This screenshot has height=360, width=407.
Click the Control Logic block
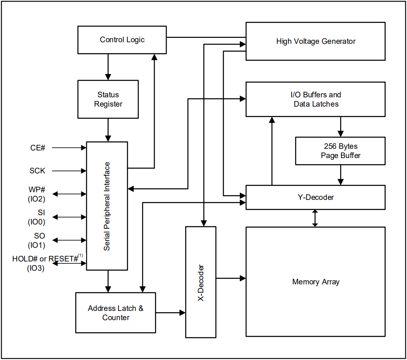[122, 40]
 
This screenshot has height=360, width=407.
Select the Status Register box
[108, 99]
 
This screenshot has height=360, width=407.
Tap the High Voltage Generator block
[316, 41]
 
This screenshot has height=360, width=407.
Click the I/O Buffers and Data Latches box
[316, 99]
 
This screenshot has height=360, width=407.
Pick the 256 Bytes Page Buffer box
[341, 151]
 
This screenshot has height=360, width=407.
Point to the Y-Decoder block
[316, 197]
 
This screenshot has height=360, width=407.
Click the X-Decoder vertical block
[201, 282]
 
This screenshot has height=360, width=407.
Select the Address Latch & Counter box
[116, 313]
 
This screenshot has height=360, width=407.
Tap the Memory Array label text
[316, 282]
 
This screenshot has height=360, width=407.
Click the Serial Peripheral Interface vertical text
[107, 206]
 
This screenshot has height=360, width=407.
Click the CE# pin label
[37, 148]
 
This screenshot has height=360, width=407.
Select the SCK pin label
[37, 171]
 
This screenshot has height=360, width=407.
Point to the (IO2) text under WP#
[37, 199]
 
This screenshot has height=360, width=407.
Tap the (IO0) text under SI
[37, 222]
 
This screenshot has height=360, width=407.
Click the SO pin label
[39, 236]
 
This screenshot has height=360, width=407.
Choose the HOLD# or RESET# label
[45, 259]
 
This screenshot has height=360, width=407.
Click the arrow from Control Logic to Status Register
[108, 67]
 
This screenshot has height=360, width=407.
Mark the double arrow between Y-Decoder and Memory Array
[315, 218]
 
